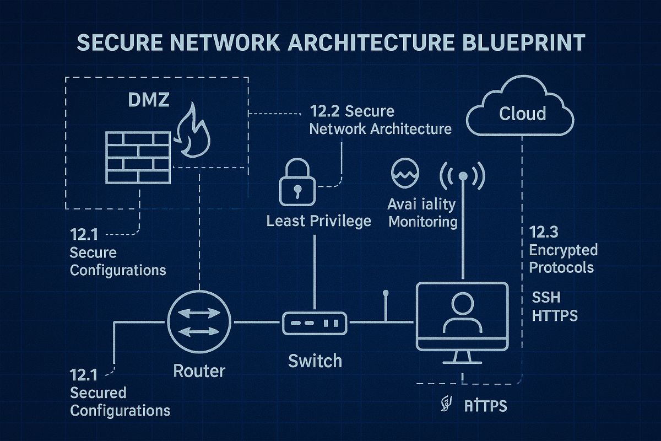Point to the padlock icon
click(298, 184)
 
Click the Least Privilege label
click(319, 221)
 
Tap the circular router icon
click(199, 322)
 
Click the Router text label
click(199, 370)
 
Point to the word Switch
click(315, 361)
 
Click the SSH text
click(546, 298)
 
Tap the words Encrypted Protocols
click(562, 259)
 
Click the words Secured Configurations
click(120, 401)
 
